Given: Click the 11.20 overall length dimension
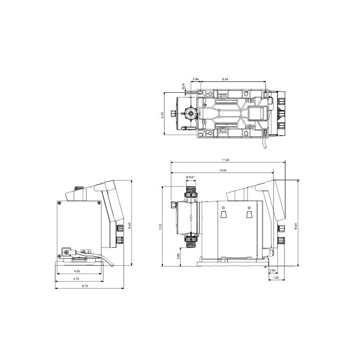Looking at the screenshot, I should click(225, 160).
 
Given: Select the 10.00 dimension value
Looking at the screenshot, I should click(222, 171).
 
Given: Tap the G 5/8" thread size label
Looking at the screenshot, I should click(190, 177).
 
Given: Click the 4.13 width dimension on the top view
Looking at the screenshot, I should click(162, 115).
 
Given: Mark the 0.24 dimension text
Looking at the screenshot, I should click(184, 86).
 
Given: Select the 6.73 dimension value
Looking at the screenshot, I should click(85, 286).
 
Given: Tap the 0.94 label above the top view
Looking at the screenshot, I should click(196, 79).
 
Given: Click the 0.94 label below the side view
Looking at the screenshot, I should click(273, 270).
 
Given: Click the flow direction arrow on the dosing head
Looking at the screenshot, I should click(191, 217).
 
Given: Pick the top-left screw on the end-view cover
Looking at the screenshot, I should click(59, 203).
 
